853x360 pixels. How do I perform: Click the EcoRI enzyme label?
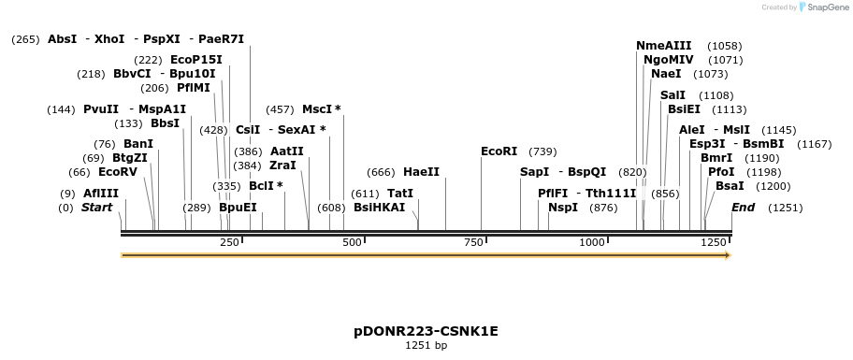pyautogui.click(x=499, y=151)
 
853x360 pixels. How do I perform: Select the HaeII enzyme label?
pyautogui.click(x=421, y=172)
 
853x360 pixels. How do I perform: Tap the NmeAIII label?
pyautogui.click(x=664, y=46)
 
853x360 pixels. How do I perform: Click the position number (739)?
pyautogui.click(x=542, y=151)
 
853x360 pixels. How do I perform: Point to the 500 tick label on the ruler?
pyautogui.click(x=353, y=243)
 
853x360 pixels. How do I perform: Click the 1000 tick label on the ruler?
pyautogui.click(x=593, y=243)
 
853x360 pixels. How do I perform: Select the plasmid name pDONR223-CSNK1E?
pyautogui.click(x=426, y=331)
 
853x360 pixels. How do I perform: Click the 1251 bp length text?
pyautogui.click(x=426, y=346)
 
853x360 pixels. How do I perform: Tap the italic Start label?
pyautogui.click(x=96, y=208)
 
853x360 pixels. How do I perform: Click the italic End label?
pyautogui.click(x=743, y=208)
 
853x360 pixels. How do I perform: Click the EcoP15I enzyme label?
pyautogui.click(x=196, y=60)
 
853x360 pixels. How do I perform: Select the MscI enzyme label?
pyautogui.click(x=316, y=109)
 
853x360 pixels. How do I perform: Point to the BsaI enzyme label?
pyautogui.click(x=730, y=186)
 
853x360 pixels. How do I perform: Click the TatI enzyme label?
pyautogui.click(x=400, y=194)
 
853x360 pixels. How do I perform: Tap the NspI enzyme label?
pyautogui.click(x=563, y=208)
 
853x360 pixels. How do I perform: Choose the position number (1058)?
pyautogui.click(x=725, y=46)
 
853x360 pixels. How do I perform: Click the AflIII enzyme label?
pyautogui.click(x=101, y=194)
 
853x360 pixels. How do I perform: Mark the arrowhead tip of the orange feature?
pyautogui.click(x=730, y=254)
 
